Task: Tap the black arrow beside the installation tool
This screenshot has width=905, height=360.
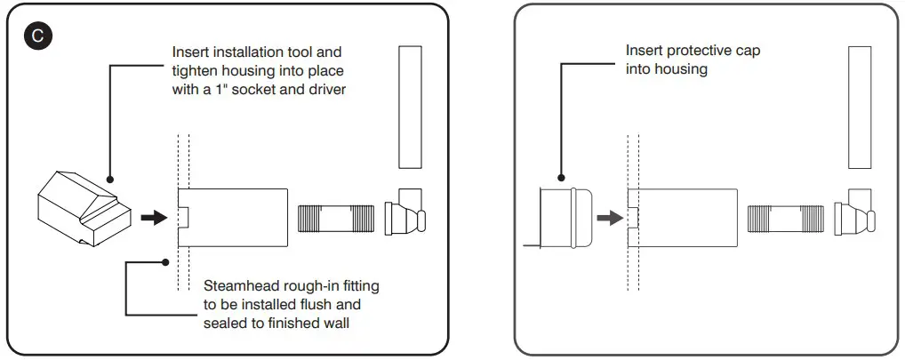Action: pos(154,217)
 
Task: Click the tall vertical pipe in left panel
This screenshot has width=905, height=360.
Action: pos(410,107)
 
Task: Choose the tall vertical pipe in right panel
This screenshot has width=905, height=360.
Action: pos(859,107)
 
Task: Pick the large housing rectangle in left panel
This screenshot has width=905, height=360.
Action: pos(233,217)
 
